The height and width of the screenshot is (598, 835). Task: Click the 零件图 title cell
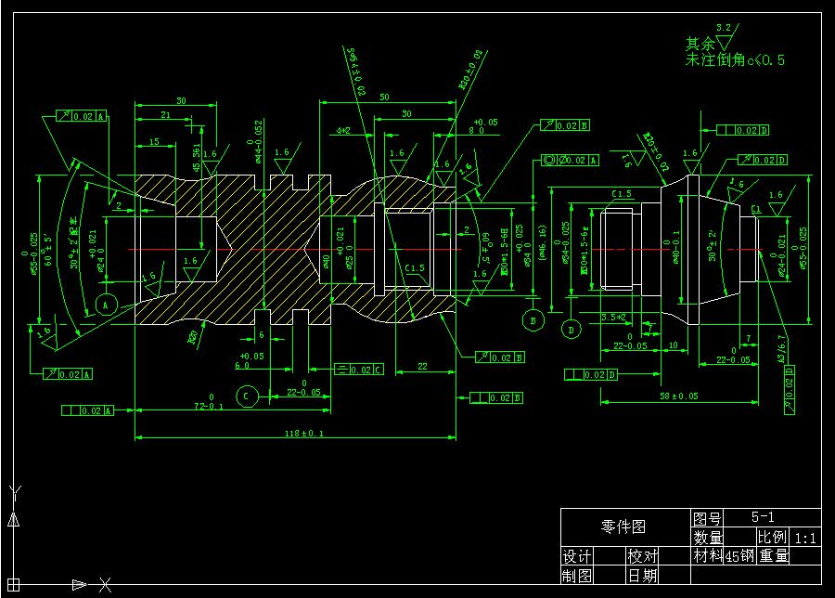623,526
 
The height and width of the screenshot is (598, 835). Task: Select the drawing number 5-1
763,517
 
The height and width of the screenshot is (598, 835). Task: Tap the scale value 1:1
804,538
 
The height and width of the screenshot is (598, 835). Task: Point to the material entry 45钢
739,556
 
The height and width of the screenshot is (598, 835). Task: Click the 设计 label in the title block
577,556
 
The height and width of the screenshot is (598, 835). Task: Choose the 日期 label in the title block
642,576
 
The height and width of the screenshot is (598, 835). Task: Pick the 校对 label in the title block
642,556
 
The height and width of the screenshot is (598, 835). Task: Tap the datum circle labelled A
105,304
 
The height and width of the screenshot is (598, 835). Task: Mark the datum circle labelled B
533,320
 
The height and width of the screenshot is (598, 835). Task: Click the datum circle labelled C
247,396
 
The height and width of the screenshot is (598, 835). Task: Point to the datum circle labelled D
571,329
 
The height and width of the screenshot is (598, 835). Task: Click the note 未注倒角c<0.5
735,60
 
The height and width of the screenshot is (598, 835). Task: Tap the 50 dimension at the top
384,97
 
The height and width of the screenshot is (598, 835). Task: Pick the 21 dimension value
164,114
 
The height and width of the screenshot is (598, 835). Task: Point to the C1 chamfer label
755,209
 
